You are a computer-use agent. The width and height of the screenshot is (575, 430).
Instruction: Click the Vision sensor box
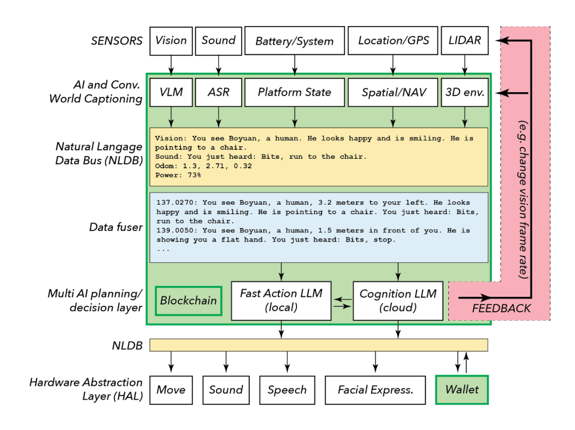[x=171, y=41]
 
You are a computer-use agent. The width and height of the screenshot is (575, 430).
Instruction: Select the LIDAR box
[x=465, y=41]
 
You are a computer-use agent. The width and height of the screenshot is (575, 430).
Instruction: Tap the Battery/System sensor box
[x=294, y=41]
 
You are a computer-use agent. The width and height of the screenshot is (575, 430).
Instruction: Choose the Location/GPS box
[x=393, y=41]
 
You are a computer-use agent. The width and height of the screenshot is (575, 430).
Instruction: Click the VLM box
[x=171, y=92]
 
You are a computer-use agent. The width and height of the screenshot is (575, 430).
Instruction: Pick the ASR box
[x=218, y=92]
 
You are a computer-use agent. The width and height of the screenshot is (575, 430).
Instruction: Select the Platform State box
[x=294, y=92]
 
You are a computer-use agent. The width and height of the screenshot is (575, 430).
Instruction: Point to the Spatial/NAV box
[x=393, y=92]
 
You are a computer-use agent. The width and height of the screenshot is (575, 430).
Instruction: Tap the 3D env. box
[x=465, y=92]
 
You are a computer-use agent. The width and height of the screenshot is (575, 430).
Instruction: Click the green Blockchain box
[x=188, y=301]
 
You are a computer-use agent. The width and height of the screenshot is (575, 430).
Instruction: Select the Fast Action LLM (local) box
[x=281, y=301]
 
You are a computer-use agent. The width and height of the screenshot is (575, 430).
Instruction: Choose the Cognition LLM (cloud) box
[x=398, y=301]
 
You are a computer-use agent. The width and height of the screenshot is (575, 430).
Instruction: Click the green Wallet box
[x=462, y=390]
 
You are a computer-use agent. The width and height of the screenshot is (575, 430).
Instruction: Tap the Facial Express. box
[x=375, y=390]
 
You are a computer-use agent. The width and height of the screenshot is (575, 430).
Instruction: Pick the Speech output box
[x=287, y=390]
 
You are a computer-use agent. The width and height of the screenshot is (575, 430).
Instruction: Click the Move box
[x=171, y=390]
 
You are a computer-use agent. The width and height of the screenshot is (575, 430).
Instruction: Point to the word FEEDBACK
[x=501, y=308]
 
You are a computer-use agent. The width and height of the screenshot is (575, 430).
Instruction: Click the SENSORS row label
[x=117, y=40]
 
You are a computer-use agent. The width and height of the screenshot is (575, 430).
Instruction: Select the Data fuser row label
[x=116, y=228]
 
